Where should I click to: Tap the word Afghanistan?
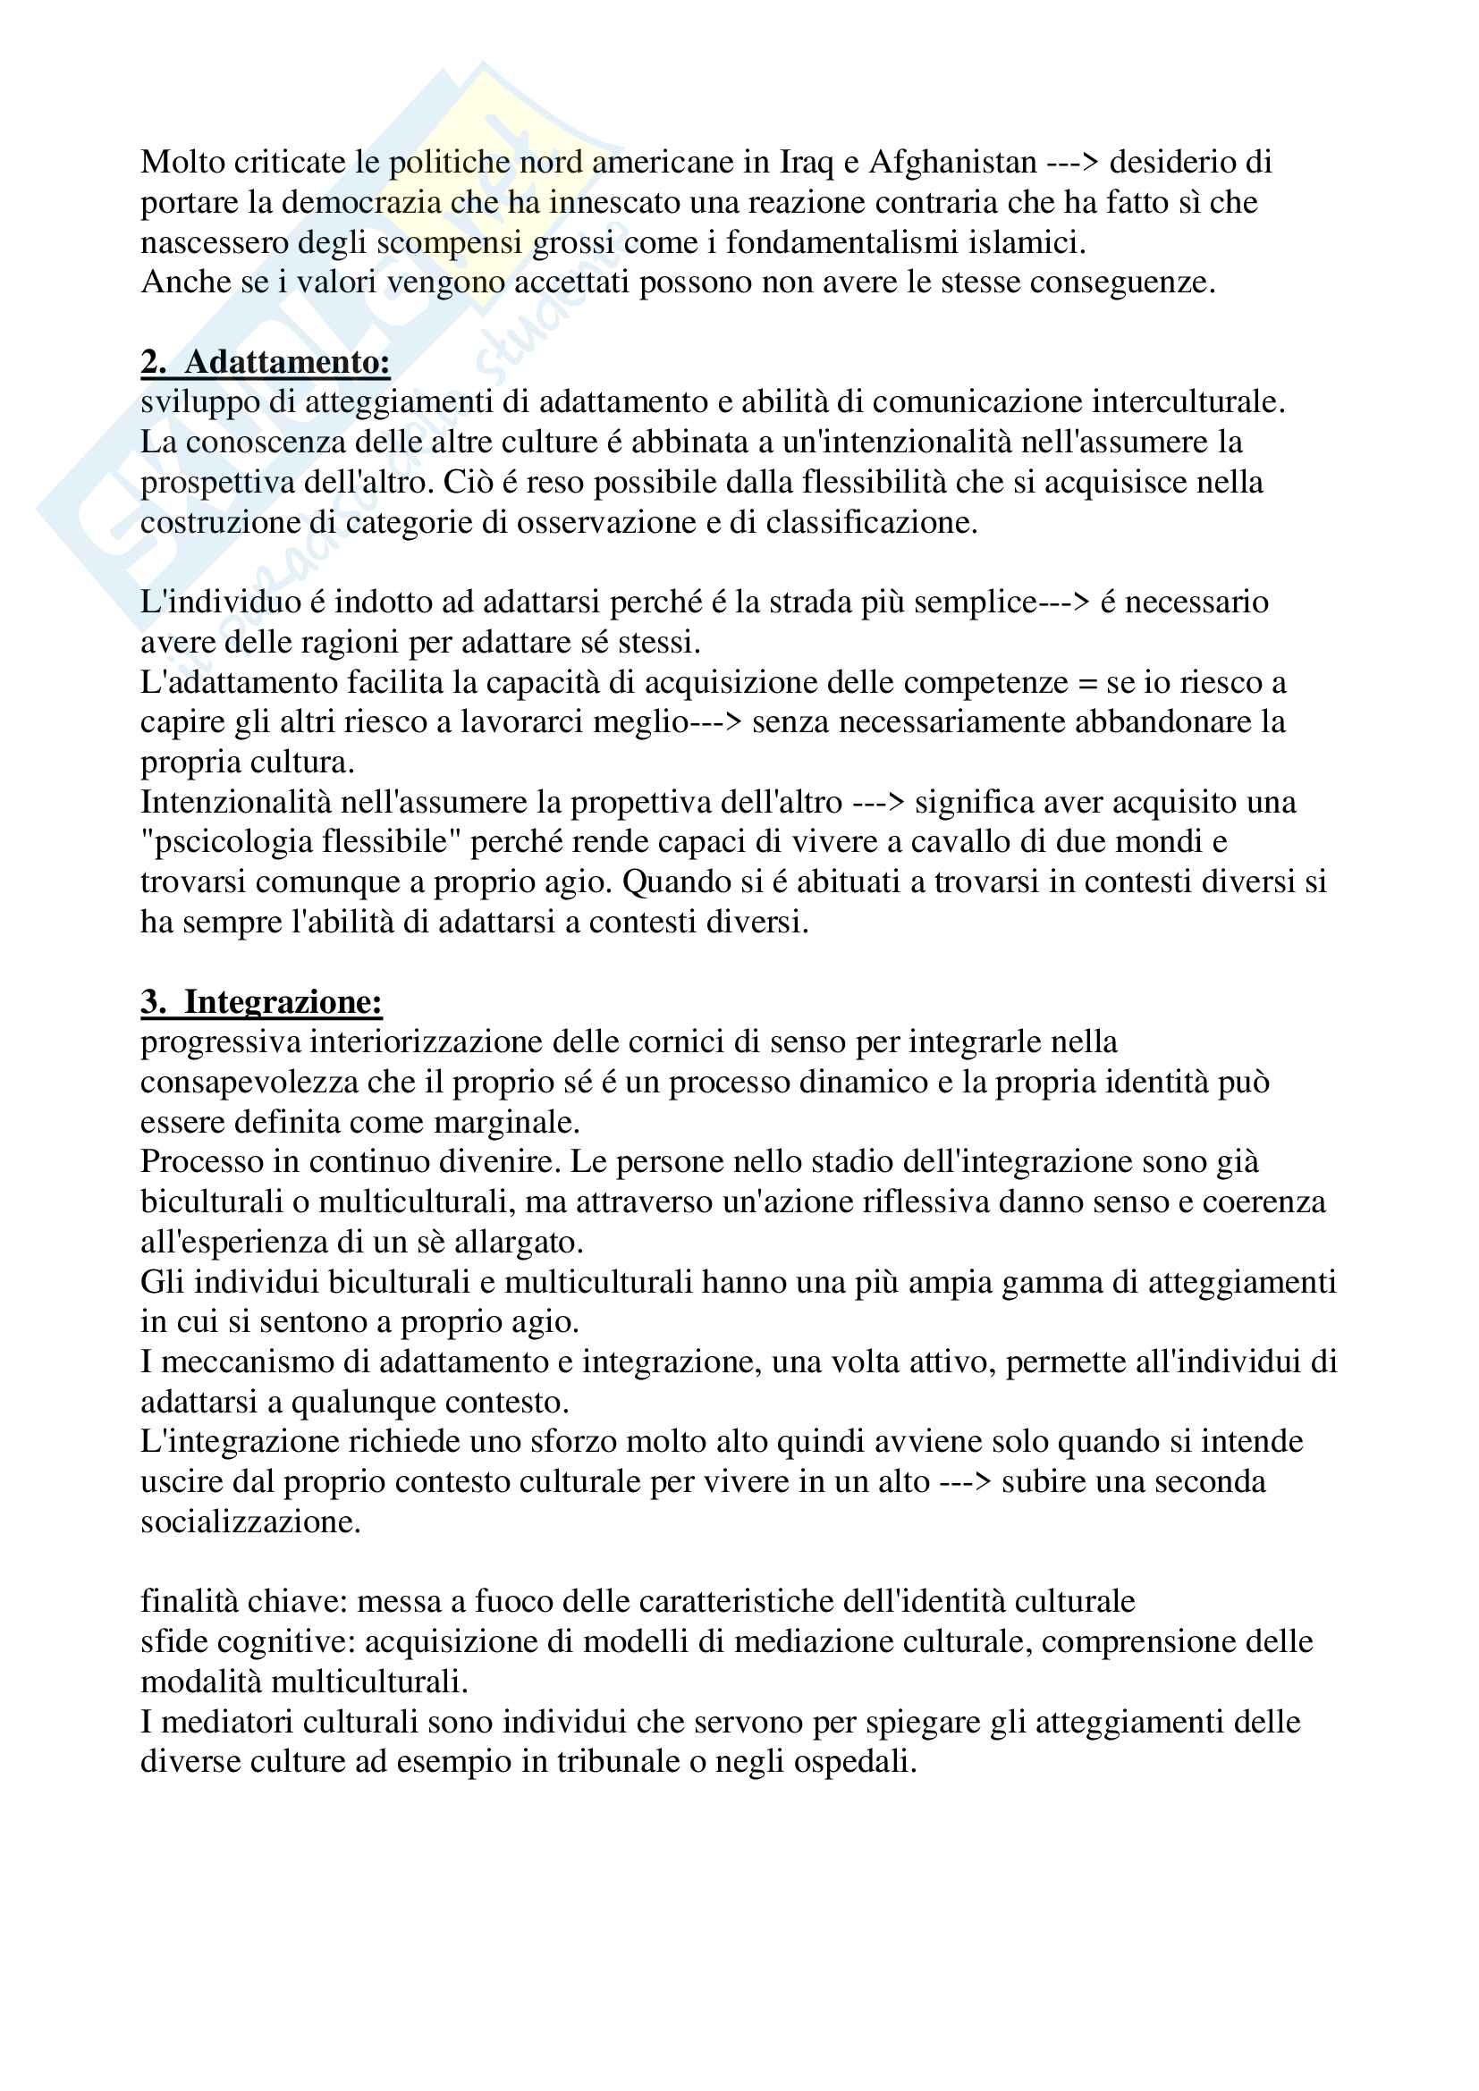[x=951, y=162]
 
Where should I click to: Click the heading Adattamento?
[x=287, y=362]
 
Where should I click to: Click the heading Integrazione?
[x=283, y=1002]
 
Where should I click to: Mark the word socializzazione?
[x=250, y=1521]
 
